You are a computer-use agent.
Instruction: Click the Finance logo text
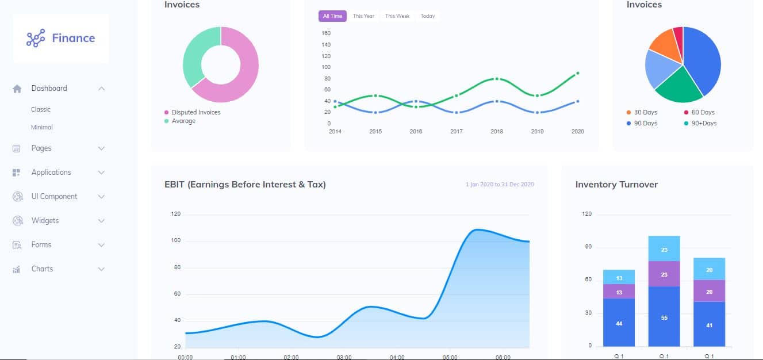tap(73, 39)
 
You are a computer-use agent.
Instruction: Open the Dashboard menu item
tap(49, 89)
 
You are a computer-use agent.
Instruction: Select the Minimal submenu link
tap(42, 127)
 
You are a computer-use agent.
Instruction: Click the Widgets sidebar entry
tap(45, 221)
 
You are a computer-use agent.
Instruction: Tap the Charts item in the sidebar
tap(42, 269)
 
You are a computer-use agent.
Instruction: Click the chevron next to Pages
tap(101, 148)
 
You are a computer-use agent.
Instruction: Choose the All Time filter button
tap(332, 16)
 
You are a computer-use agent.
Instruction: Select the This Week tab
tap(397, 16)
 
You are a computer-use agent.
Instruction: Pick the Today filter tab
tap(428, 16)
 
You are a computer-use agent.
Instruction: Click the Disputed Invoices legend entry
tap(195, 112)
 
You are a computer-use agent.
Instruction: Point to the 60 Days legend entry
tap(703, 112)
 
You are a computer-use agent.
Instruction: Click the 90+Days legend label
tap(704, 123)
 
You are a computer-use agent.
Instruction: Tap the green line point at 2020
tap(577, 73)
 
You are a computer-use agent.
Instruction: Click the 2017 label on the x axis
tap(456, 132)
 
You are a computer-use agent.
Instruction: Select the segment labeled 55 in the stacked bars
tap(664, 317)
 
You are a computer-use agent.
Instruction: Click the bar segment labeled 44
tap(619, 323)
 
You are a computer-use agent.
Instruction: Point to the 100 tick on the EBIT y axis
tap(176, 240)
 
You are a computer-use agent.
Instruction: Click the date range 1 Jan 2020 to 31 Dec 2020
tap(500, 185)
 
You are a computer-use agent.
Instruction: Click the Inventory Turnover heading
tap(616, 185)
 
